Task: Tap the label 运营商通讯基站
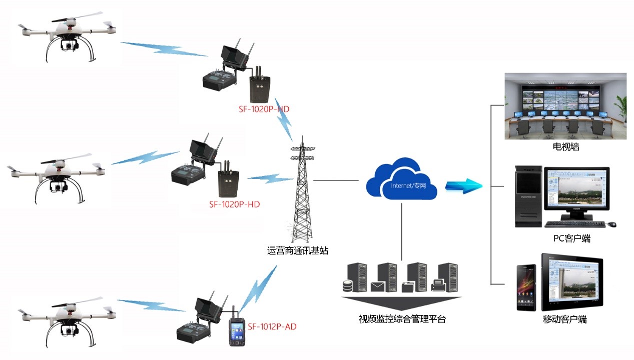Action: (298, 251)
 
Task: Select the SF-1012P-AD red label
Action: (272, 326)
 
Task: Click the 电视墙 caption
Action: (565, 147)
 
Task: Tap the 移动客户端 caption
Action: (564, 319)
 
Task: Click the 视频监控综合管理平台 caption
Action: (402, 318)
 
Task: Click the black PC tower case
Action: (528, 197)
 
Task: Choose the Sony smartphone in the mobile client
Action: (526, 287)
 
